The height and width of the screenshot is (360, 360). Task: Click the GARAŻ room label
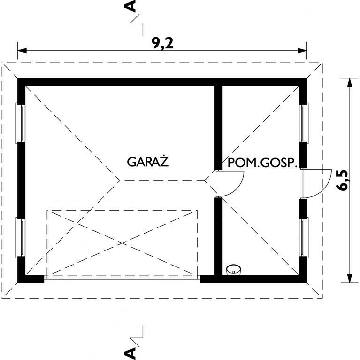coord(148,161)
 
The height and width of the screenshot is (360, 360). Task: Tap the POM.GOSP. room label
coord(262,163)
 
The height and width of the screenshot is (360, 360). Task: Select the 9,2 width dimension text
coord(163,43)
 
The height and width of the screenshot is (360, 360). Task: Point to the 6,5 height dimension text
coord(343,180)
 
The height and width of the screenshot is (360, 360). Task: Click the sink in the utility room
coord(233,270)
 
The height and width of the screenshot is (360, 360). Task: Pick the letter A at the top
coord(130,6)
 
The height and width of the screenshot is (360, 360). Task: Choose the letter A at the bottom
coord(130,353)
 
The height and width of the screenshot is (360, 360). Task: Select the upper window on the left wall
coord(21,123)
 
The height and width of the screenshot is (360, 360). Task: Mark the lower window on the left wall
coord(21,237)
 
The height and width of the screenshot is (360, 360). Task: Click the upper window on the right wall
coord(304,123)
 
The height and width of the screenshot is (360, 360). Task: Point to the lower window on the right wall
coord(304,237)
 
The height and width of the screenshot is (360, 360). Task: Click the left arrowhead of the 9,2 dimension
coord(22,51)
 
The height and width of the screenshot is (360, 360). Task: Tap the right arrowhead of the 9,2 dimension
coord(302,51)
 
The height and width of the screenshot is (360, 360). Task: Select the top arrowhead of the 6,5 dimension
coord(349,83)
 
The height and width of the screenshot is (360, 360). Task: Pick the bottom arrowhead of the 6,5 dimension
coord(349,278)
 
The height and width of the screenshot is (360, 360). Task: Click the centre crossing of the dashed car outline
coord(122,243)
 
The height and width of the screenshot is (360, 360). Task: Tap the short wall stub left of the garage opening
coord(34,279)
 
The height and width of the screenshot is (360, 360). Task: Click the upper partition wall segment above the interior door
coord(218,128)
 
